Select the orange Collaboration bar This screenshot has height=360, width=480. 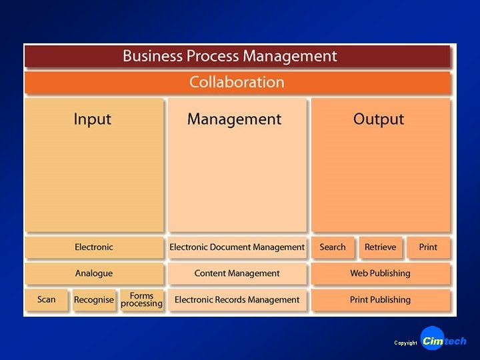tap(237, 83)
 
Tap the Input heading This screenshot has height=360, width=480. tap(93, 119)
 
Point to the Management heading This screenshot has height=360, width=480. tap(235, 119)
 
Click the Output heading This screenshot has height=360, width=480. tap(379, 119)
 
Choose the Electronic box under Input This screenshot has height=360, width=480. tap(94, 247)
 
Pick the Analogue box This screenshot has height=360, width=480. tap(94, 273)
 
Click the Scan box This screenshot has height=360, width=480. tap(47, 299)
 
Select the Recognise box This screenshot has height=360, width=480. tap(94, 300)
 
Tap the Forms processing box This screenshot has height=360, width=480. tap(141, 300)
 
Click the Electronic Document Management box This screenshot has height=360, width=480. tap(237, 247)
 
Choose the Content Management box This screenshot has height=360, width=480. tap(237, 273)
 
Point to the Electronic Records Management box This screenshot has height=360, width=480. tap(237, 300)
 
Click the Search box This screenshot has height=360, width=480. tap(333, 247)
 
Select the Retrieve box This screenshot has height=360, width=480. tap(380, 247)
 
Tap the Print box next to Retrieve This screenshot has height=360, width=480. tap(428, 247)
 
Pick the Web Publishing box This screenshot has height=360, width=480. tap(380, 273)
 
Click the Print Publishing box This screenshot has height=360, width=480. tap(380, 300)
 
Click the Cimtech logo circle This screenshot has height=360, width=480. tap(433, 339)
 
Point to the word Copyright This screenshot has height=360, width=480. tap(405, 343)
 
